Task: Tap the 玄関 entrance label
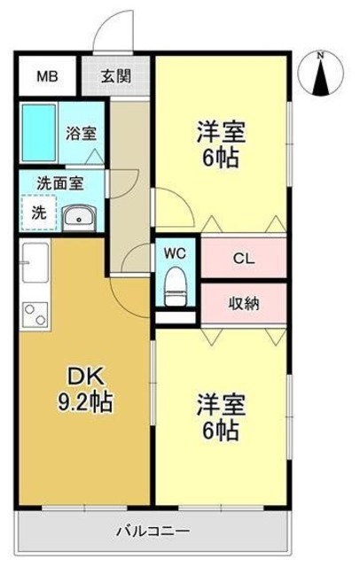[116, 76]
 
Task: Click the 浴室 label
[82, 135]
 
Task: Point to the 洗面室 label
[59, 183]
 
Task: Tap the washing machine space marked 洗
[38, 214]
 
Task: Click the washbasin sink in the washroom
[79, 217]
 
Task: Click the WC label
[175, 252]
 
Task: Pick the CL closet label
[244, 259]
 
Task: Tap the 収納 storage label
[244, 304]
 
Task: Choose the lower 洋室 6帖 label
[220, 418]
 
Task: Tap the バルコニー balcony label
[153, 532]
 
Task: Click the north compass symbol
[322, 75]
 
